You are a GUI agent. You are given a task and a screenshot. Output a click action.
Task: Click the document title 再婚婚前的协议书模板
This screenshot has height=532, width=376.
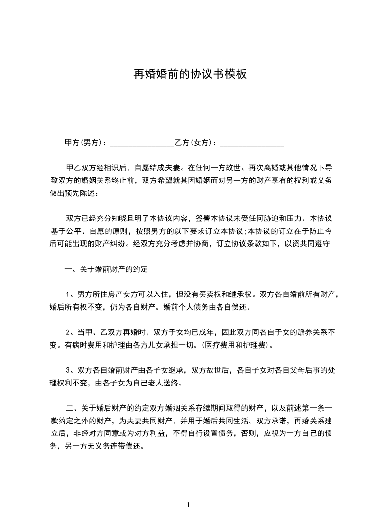point(189,74)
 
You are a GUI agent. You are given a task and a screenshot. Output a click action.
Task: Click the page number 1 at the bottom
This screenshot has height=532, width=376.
point(189,505)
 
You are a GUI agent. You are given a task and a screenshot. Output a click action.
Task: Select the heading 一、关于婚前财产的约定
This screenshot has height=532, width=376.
point(106,269)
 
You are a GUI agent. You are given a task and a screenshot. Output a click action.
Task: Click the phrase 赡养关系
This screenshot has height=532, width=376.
point(305,331)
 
